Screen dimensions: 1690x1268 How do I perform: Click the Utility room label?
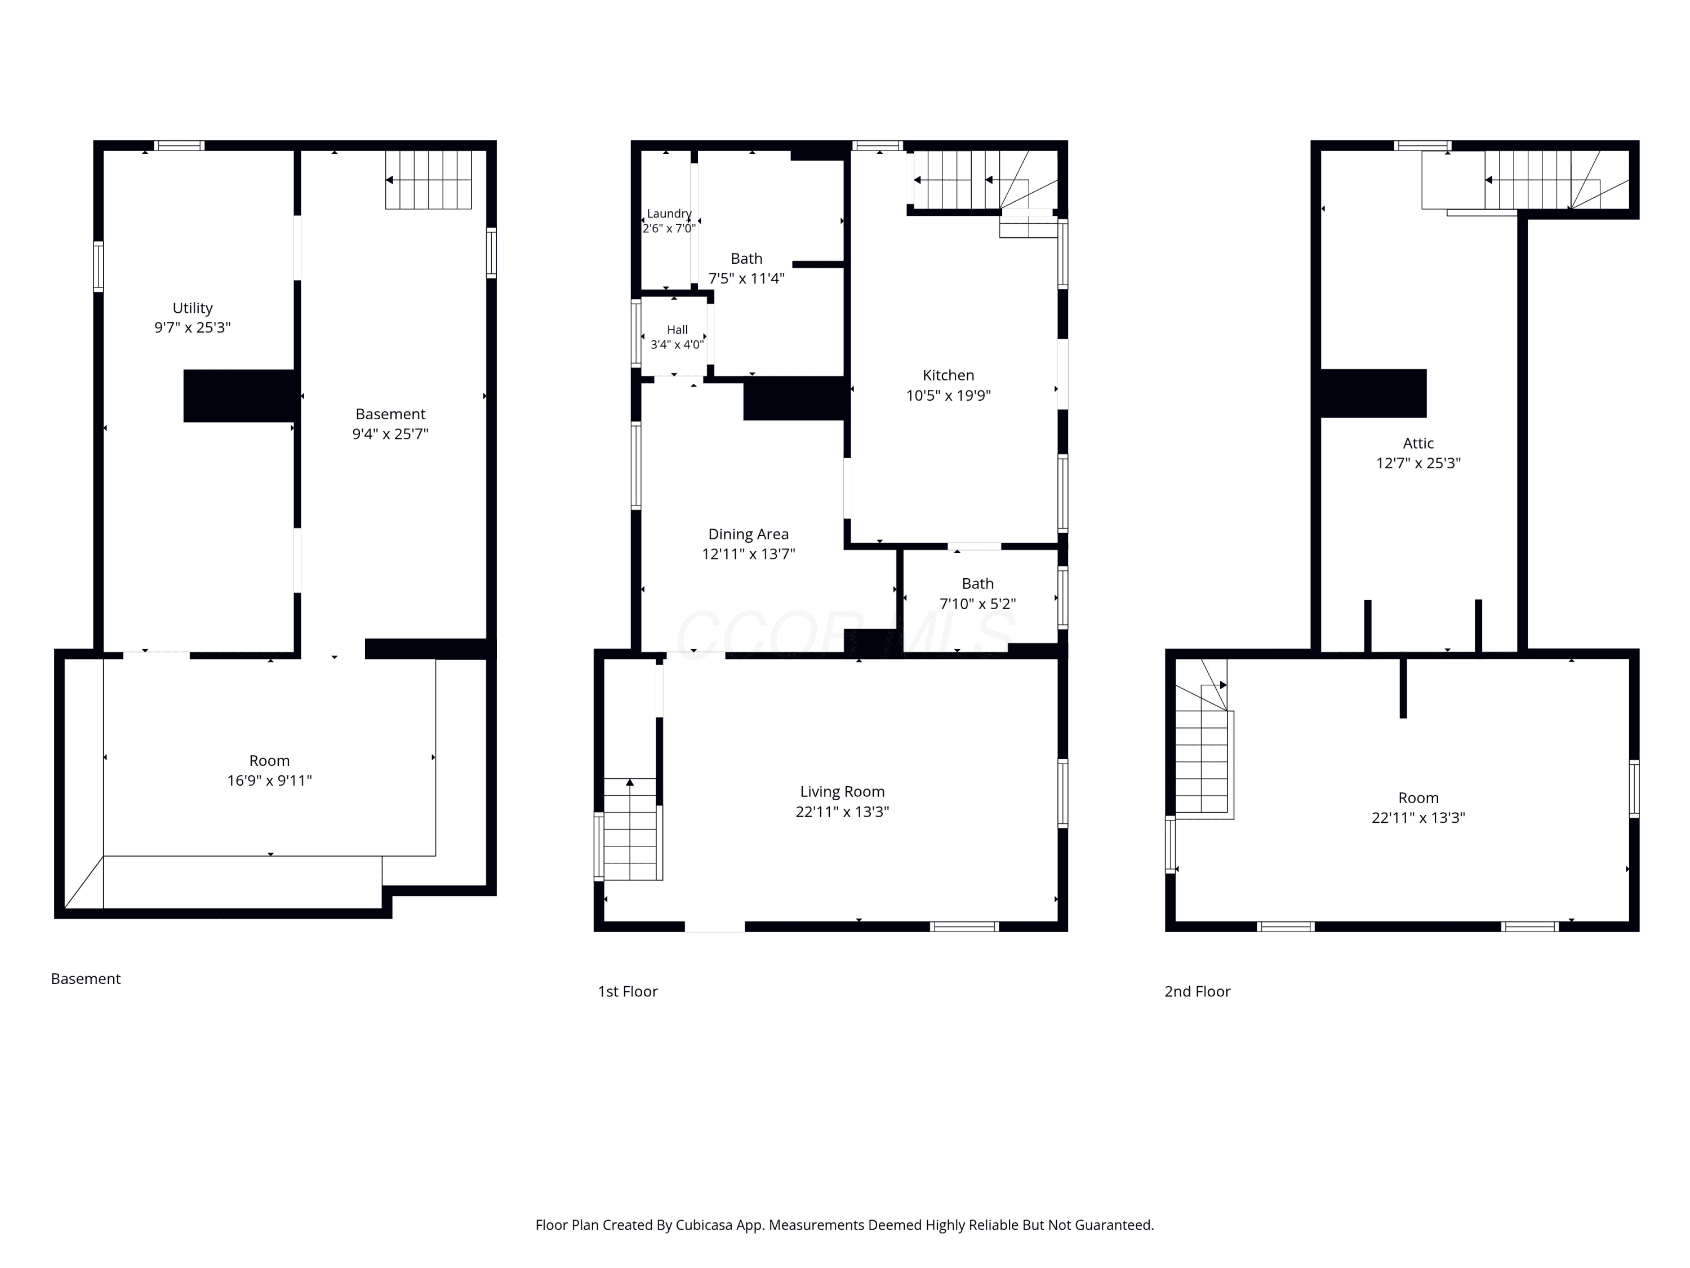pyautogui.click(x=193, y=308)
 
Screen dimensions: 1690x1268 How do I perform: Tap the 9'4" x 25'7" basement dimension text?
pyautogui.click(x=390, y=434)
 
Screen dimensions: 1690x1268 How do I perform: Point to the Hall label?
pyautogui.click(x=677, y=330)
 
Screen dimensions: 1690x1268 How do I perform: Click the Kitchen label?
pyautogui.click(x=948, y=375)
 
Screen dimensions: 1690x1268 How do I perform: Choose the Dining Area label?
pyautogui.click(x=748, y=534)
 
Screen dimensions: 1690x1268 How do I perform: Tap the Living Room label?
pyautogui.click(x=842, y=792)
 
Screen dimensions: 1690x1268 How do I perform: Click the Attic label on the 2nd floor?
pyautogui.click(x=1418, y=444)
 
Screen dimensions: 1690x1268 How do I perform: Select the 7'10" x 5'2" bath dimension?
pyautogui.click(x=978, y=604)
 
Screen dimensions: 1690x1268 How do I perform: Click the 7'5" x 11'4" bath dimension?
pyautogui.click(x=746, y=278)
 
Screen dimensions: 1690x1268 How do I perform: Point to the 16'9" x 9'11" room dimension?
pyautogui.click(x=270, y=781)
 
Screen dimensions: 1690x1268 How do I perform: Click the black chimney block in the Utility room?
pyautogui.click(x=239, y=396)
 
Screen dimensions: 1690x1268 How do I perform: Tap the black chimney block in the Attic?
pyautogui.click(x=1373, y=393)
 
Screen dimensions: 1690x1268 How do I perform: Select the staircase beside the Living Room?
pyautogui.click(x=630, y=830)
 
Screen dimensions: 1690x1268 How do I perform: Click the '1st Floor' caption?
pyautogui.click(x=627, y=991)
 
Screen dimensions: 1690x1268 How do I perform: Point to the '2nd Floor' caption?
pyautogui.click(x=1197, y=991)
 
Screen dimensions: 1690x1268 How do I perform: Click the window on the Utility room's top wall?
pyautogui.click(x=179, y=145)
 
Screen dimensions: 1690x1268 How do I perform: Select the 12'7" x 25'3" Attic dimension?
pyautogui.click(x=1418, y=463)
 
